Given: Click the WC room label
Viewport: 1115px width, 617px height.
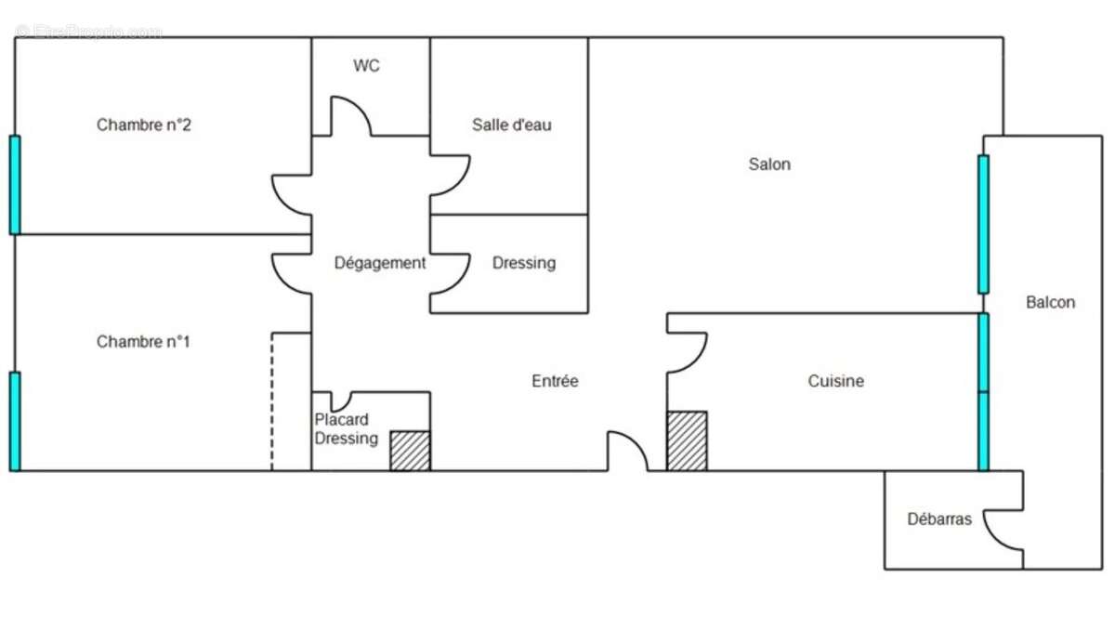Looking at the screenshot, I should click(366, 66).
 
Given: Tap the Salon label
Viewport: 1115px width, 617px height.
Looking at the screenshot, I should click(769, 164).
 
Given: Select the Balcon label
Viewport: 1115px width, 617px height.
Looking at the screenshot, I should click(1050, 302).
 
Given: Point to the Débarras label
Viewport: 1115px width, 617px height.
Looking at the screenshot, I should click(939, 519).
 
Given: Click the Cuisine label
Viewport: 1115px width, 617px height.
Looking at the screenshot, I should click(835, 381).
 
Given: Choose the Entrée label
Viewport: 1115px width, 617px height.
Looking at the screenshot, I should click(555, 381).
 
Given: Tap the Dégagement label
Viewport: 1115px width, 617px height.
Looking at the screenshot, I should click(380, 263).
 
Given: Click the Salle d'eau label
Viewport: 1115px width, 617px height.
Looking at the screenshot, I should click(511, 125).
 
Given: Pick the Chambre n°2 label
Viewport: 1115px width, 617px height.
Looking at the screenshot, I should click(144, 125).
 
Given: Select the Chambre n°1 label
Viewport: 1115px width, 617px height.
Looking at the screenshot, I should click(143, 342).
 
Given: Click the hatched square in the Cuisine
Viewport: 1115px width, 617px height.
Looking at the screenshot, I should click(687, 440).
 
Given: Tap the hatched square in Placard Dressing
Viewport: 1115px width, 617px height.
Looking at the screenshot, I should click(410, 451).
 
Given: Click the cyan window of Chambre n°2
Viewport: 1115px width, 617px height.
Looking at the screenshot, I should click(15, 184).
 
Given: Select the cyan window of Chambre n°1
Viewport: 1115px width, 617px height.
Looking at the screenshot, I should click(15, 421).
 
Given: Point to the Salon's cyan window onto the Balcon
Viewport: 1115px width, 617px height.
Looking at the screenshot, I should click(983, 224).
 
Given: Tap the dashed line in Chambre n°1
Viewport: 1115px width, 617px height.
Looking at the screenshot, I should click(271, 400).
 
